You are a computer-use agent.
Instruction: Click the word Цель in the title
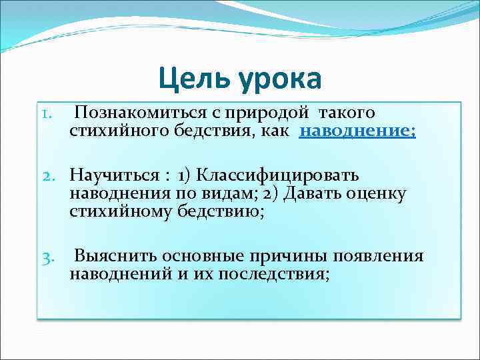pyautogui.click(x=193, y=79)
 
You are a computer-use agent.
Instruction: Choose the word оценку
pyautogui.click(x=381, y=193)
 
